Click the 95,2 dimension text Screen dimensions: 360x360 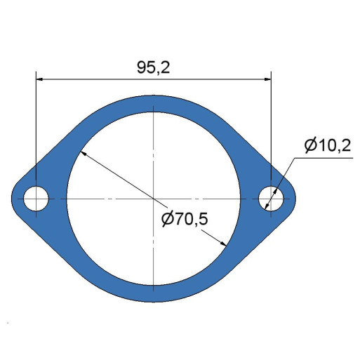(x=153, y=68)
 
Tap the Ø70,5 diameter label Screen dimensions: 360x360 (x=185, y=219)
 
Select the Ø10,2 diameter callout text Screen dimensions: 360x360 (x=328, y=145)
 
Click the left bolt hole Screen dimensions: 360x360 (x=36, y=199)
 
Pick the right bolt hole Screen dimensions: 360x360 (x=271, y=199)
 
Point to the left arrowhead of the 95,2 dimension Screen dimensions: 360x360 (x=39, y=79)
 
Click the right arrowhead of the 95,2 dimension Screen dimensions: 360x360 (x=267, y=79)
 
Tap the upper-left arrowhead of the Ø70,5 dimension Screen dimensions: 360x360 (x=84, y=154)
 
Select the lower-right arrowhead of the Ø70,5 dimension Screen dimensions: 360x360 (x=223, y=244)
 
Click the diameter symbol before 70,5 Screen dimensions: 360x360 (x=168, y=220)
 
